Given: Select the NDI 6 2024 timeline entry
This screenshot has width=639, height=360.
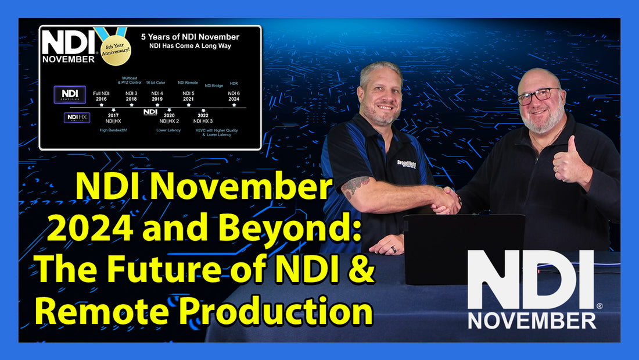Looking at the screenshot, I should (x=234, y=96).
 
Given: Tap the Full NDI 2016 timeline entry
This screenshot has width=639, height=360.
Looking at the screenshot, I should (x=102, y=96).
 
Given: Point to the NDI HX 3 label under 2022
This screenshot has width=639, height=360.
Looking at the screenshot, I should (x=203, y=120).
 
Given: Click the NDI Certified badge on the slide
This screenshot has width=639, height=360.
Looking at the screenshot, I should (x=70, y=94).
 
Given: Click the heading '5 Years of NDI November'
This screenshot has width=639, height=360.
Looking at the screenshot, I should (x=190, y=37).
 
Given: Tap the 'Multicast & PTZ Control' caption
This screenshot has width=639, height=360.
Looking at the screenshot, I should (x=131, y=80).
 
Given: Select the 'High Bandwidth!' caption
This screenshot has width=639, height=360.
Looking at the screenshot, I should (x=113, y=130).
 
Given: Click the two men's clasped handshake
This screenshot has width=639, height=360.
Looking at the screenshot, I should (x=446, y=200).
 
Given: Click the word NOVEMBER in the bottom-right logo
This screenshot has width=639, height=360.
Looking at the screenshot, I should (x=532, y=320).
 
